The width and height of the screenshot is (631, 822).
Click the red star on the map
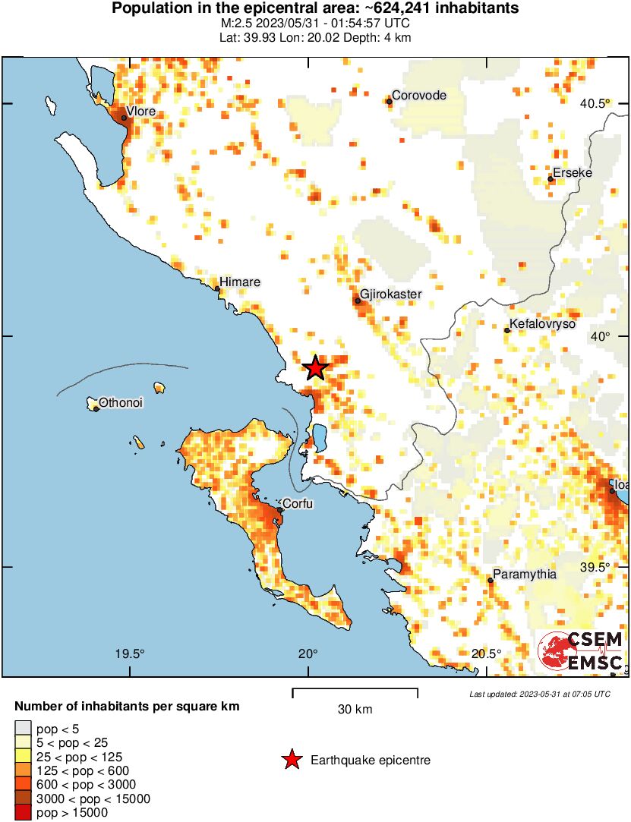coord(315,368)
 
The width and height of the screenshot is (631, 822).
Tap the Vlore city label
coord(140,112)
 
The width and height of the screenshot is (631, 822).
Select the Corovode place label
coord(418,96)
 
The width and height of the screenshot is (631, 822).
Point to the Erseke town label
coord(572,173)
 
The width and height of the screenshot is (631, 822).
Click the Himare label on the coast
coord(240,282)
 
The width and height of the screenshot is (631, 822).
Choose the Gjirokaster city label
coord(390,294)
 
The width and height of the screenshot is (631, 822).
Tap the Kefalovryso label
coord(543,325)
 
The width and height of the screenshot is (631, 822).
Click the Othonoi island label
coord(121,403)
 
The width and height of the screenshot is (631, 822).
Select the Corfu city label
coord(298,503)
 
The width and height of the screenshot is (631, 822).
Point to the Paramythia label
coord(525,575)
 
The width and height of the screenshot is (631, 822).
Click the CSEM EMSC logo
coord(581,651)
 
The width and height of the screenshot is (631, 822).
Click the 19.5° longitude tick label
coord(130,654)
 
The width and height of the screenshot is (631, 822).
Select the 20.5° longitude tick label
coord(486,654)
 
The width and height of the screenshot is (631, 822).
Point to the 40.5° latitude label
coord(596,104)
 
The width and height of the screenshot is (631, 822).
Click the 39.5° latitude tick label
coord(596,568)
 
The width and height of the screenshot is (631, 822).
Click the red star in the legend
coord(291,760)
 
